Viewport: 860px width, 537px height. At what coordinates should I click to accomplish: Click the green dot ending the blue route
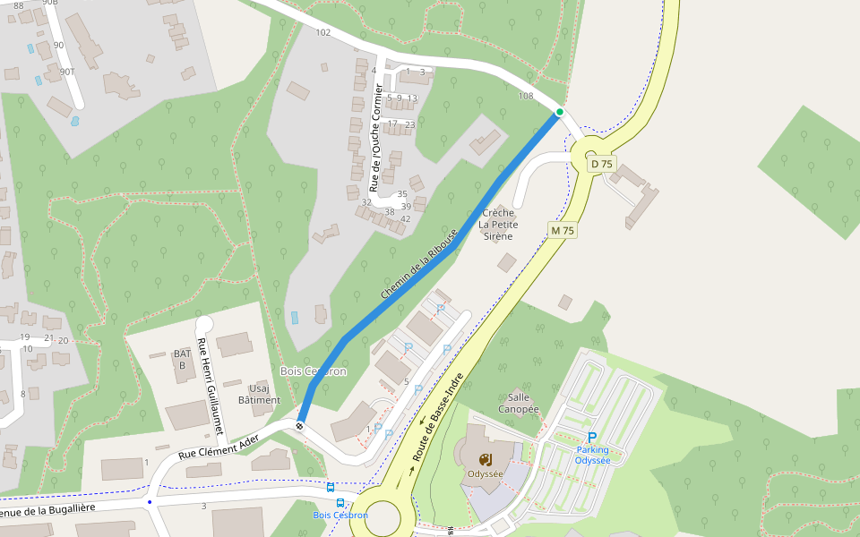click(x=560, y=112)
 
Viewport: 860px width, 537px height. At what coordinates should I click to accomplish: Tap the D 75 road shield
click(x=602, y=164)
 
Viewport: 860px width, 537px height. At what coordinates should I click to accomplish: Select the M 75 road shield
click(x=563, y=231)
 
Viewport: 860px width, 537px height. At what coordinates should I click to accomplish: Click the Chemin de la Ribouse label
click(x=419, y=264)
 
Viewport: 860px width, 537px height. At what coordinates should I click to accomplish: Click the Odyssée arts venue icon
click(x=485, y=460)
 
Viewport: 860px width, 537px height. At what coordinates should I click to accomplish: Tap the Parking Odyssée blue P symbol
click(x=592, y=437)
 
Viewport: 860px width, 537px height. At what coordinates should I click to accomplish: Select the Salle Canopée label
click(x=523, y=403)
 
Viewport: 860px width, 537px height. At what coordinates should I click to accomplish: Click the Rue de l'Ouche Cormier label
click(x=377, y=139)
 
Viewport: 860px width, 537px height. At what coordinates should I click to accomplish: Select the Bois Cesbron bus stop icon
click(x=331, y=489)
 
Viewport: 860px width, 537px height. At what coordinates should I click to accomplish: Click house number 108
click(x=526, y=96)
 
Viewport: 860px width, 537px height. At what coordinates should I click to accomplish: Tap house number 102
click(x=323, y=32)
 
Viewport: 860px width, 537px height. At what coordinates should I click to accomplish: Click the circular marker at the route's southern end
click(x=300, y=426)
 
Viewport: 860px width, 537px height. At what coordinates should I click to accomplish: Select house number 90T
click(x=67, y=72)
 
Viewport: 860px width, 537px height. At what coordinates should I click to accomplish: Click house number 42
click(x=406, y=219)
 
